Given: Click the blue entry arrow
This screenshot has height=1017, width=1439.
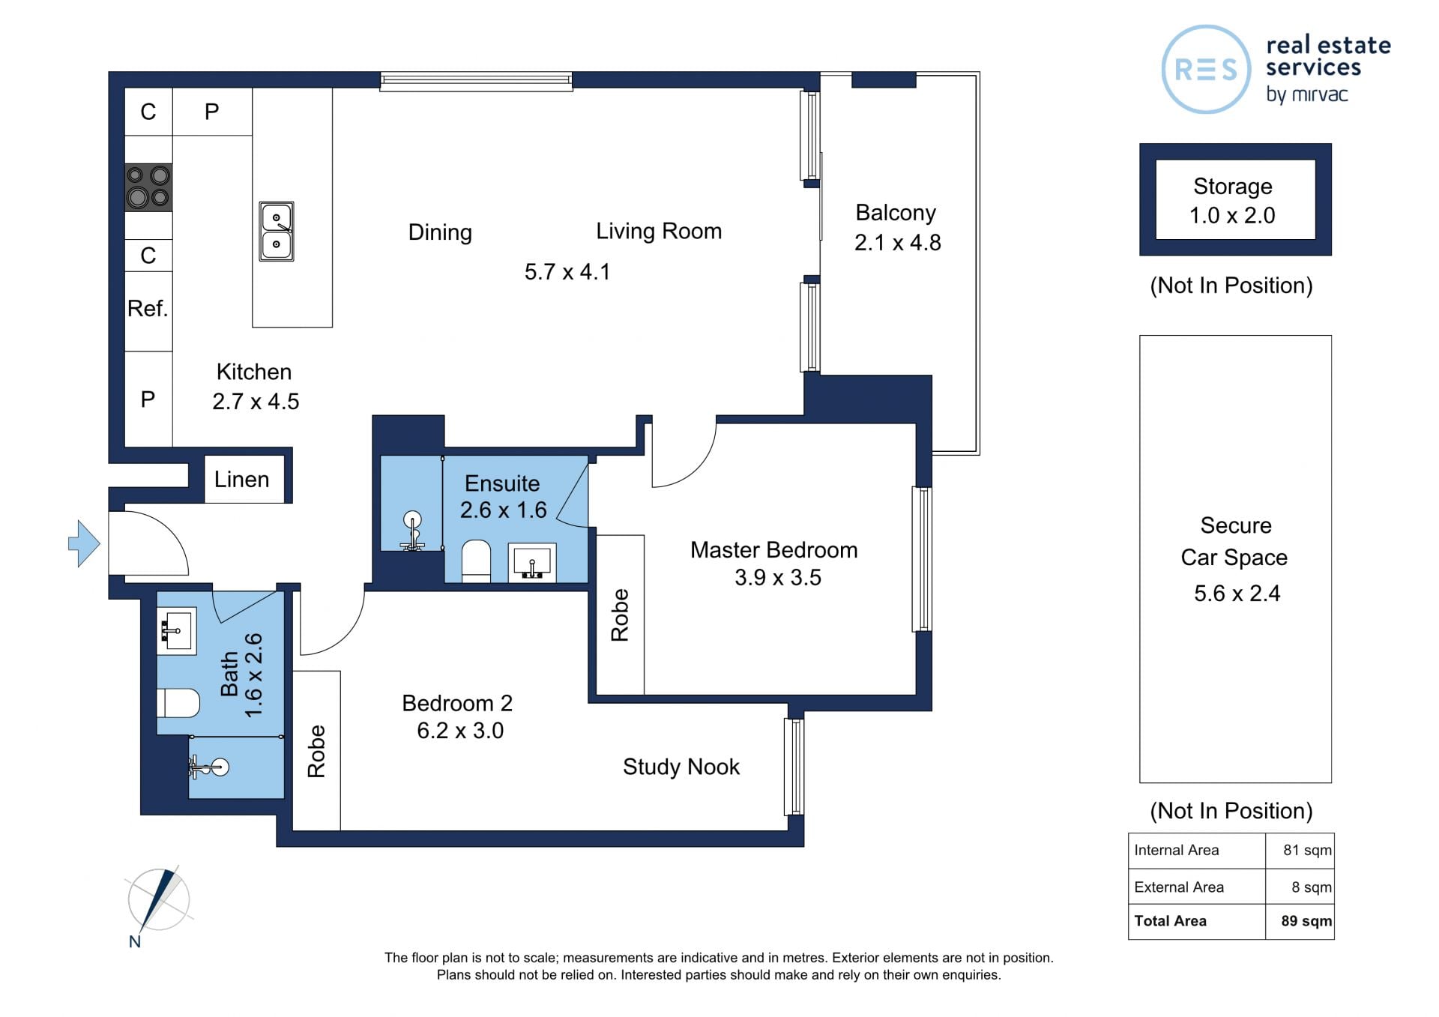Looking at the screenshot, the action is pos(85,543).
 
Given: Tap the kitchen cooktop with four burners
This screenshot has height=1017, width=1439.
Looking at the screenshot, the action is pos(148,187).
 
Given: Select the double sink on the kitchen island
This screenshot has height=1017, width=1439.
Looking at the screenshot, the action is pos(277,231).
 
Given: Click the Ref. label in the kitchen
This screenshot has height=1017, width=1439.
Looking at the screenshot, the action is pos(147,308).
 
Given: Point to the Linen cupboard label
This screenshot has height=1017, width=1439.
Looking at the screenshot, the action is pos(241,479).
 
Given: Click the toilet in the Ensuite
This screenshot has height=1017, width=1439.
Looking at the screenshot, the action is pos(475,561).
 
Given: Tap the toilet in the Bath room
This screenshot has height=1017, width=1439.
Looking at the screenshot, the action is pos(178,703).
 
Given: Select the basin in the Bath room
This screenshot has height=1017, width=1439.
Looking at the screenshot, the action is pos(177,631).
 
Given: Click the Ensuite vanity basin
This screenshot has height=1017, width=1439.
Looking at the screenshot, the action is pos(532,563).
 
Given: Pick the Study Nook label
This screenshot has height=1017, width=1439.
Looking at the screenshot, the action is pos(681,767).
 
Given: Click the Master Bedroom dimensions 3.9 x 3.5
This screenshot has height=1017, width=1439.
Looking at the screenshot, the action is pos(778,577).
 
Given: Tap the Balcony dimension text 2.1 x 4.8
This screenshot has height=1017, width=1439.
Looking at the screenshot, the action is pos(898,242).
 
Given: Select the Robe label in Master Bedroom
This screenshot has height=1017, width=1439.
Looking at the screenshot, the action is pos(620,615).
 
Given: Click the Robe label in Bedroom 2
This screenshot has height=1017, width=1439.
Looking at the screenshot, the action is pos(316,751).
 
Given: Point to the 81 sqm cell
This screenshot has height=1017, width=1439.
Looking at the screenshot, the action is pos(1307,850).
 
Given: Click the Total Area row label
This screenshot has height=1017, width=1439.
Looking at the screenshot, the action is pos(1170,921).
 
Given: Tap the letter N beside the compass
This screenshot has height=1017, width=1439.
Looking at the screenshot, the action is pos(135,941).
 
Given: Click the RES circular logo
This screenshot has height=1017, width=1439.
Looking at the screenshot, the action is pos(1206,69).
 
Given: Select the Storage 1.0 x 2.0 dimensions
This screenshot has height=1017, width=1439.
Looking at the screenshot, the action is pos(1232,215).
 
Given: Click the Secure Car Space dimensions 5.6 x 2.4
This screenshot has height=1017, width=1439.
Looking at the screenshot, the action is pos(1237,593).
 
